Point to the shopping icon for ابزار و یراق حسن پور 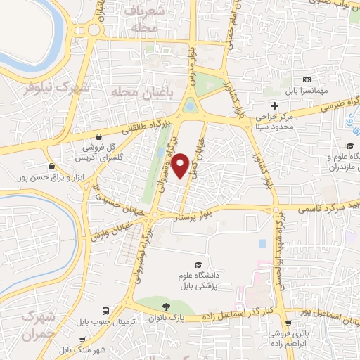51,167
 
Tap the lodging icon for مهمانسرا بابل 306,80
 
